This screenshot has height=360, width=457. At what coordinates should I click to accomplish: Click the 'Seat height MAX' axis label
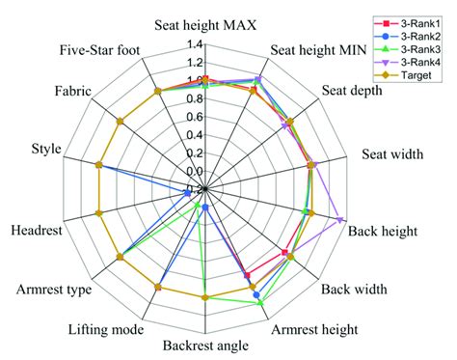pyautogui.click(x=204, y=26)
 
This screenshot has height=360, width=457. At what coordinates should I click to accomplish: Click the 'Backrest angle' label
pyautogui.click(x=204, y=346)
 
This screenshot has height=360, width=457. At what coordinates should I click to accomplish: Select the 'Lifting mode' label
pyautogui.click(x=101, y=329)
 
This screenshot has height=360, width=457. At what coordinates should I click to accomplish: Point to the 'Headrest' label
pyautogui.click(x=35, y=231)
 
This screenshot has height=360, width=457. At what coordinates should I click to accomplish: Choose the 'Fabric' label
pyautogui.click(x=74, y=92)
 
